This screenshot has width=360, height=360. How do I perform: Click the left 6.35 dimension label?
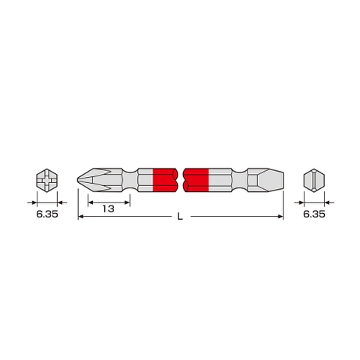click(46, 214)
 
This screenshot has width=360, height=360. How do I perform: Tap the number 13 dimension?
click(109, 209)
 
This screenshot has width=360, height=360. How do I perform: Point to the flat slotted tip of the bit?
click(274, 181)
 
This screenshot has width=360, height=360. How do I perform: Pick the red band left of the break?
click(164, 181)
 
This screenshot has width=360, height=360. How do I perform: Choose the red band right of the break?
click(196, 181)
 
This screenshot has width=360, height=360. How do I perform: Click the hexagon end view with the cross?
click(46, 181)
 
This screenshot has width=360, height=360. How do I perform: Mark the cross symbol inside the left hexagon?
click(46, 181)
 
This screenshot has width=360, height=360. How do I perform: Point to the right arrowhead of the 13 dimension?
click(127, 200)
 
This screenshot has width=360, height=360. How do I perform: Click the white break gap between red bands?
click(180, 181)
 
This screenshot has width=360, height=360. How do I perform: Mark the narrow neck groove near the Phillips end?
click(134, 181)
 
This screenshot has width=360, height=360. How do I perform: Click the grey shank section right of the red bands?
click(221, 181)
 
